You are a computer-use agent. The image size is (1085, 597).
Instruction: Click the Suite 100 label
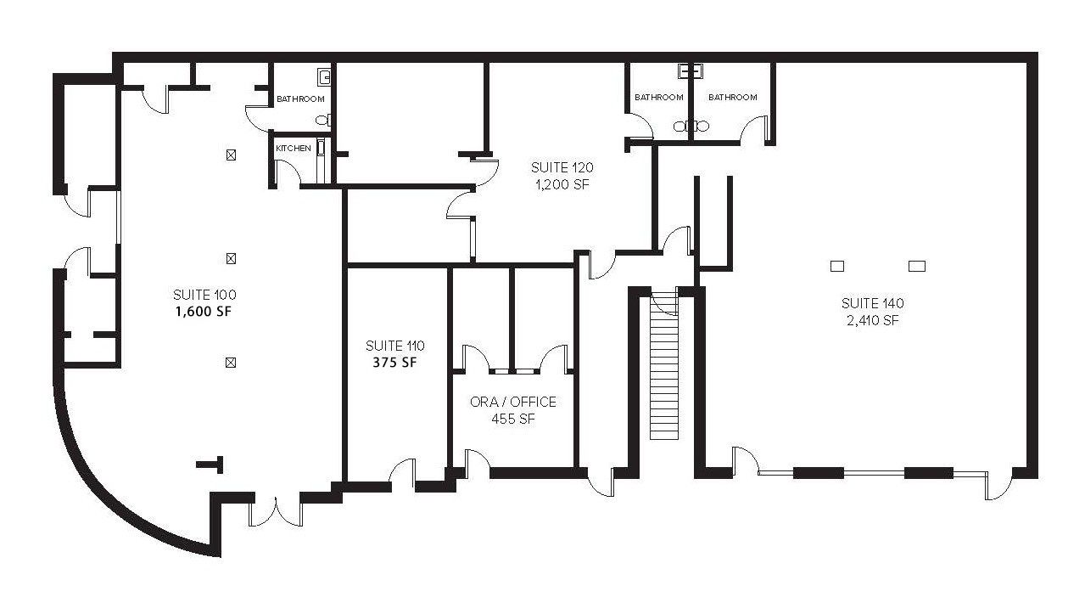point(204,295)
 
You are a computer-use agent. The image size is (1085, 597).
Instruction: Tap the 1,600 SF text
point(204,312)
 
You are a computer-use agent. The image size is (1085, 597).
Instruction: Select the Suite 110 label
point(394,346)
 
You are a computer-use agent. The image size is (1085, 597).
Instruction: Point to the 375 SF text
point(394,363)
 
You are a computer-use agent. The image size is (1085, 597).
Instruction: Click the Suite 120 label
point(562,168)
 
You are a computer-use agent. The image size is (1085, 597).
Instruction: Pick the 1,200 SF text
point(562,185)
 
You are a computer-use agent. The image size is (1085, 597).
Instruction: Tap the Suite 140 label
point(872,303)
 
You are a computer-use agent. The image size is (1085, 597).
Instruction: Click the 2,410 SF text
point(872,320)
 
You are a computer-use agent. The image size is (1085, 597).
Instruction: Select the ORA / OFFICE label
point(513,402)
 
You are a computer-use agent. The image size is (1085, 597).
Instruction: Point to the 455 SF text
point(513,419)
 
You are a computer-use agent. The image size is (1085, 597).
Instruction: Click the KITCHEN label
point(293,149)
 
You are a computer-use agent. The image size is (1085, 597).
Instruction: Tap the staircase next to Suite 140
point(663,366)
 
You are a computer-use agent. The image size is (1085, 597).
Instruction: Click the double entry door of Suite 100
point(276,511)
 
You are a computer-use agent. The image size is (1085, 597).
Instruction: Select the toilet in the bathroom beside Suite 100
point(323,120)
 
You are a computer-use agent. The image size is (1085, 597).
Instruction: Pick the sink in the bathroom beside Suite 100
point(325,76)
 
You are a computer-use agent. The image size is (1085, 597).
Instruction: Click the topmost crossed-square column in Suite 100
point(231,155)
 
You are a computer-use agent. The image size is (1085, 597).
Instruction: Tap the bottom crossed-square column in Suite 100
point(231,363)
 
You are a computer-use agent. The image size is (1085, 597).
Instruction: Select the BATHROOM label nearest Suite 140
point(732,98)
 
